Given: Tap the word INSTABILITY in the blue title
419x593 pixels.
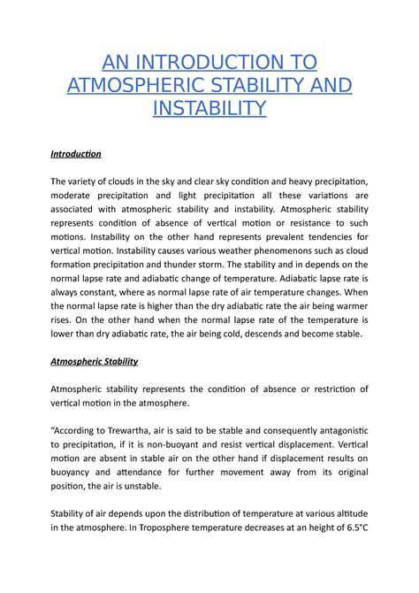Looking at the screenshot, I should (209, 108).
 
